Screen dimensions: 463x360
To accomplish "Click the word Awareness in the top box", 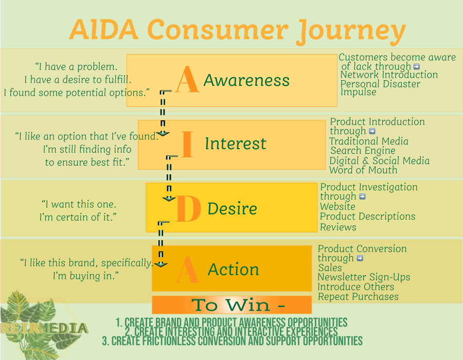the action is (x=246, y=81).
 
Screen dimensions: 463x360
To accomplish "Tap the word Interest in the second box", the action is (x=236, y=143).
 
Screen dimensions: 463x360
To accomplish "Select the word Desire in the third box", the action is (x=232, y=209).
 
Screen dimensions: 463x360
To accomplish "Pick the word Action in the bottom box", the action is (x=233, y=269).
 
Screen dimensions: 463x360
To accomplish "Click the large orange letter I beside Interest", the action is (x=187, y=145).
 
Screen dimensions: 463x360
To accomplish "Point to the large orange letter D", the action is (x=187, y=209).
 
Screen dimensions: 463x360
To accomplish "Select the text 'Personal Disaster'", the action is (x=380, y=84).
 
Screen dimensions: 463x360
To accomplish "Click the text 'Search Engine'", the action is (x=363, y=151).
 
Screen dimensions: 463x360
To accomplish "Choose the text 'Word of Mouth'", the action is (x=363, y=170).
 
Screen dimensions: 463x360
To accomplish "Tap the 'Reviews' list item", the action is (x=338, y=227).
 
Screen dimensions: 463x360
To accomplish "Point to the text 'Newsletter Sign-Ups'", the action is (x=364, y=277).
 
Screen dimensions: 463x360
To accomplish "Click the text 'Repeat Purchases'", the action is (x=358, y=297).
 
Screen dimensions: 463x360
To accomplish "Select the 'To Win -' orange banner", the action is (x=232, y=305).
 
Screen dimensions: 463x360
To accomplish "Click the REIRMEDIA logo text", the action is (x=44, y=328).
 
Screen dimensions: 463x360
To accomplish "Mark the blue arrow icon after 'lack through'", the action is (x=417, y=66).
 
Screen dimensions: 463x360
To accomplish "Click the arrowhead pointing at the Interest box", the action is (x=163, y=133).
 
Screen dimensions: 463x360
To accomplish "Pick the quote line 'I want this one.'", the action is (x=79, y=204).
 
